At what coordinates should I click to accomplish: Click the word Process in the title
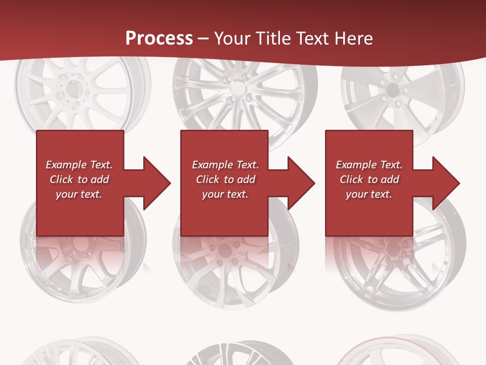click(x=159, y=38)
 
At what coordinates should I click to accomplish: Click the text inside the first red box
click(x=79, y=179)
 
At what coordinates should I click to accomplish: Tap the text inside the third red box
click(x=369, y=179)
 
